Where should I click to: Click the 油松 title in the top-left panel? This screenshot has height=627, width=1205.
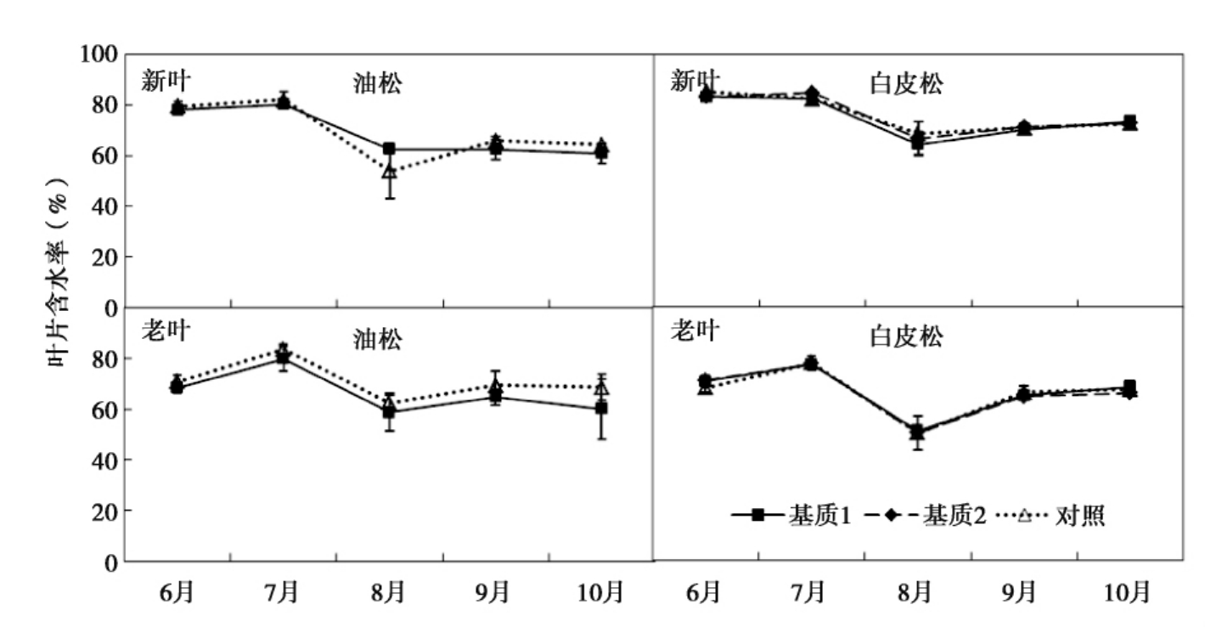point(377,84)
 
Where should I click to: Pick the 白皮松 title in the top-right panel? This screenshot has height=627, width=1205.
point(906,84)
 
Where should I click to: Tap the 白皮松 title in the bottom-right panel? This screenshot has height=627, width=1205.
point(906,337)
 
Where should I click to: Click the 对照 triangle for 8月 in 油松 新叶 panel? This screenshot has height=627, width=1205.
point(389,172)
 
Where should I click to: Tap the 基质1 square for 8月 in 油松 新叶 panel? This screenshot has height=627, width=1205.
point(389,149)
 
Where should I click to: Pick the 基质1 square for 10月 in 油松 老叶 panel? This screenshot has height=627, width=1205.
point(601,409)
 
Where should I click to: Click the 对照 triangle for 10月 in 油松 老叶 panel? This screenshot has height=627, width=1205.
point(601,388)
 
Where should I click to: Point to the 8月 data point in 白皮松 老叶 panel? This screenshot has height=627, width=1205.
point(917,432)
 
